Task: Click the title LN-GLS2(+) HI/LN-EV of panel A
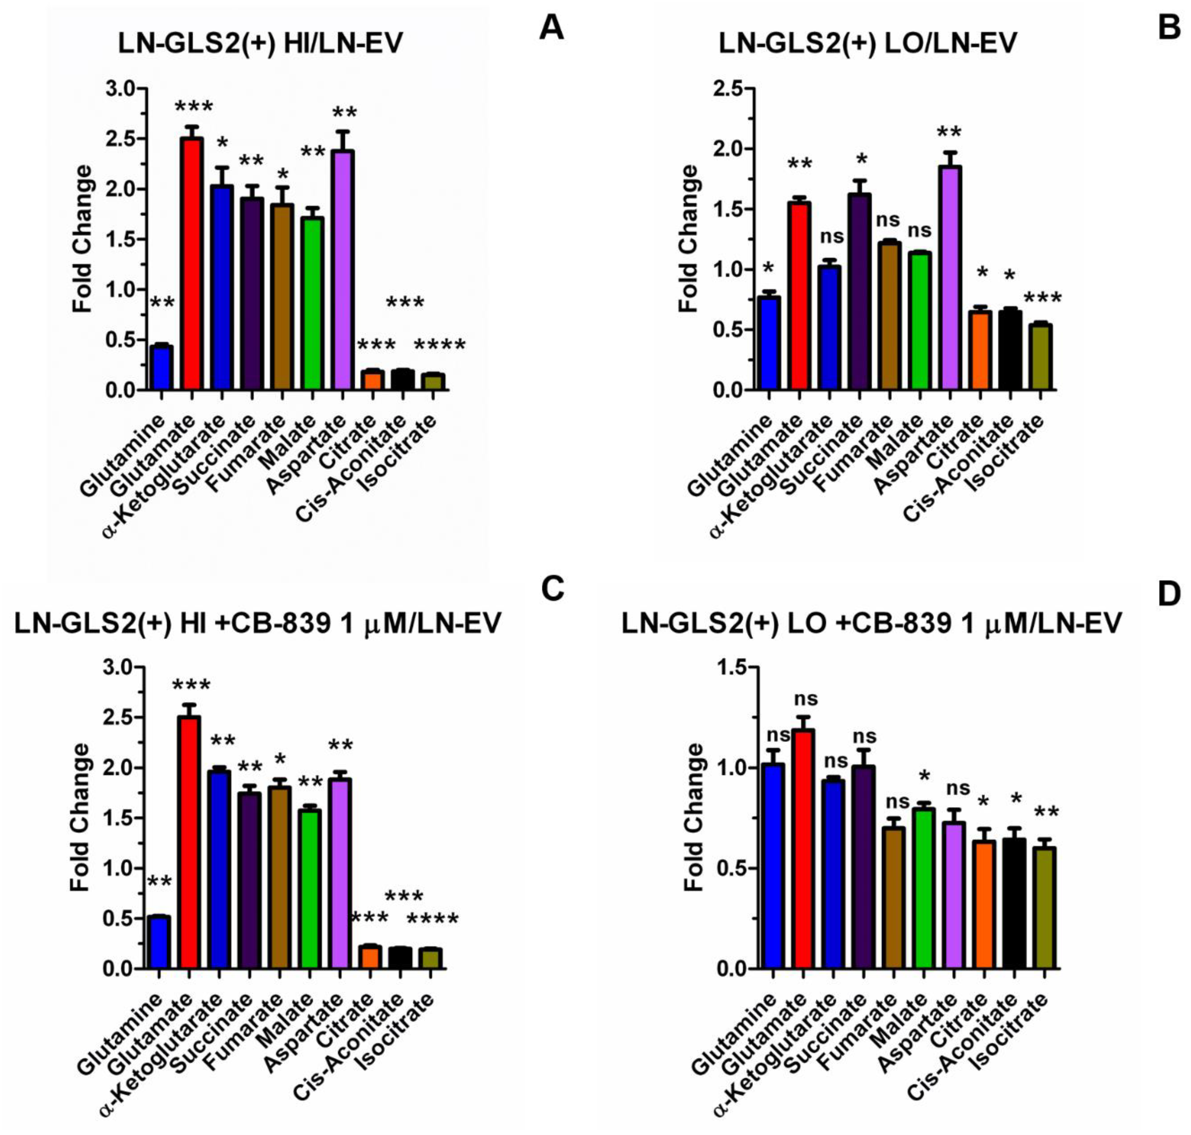[261, 44]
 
